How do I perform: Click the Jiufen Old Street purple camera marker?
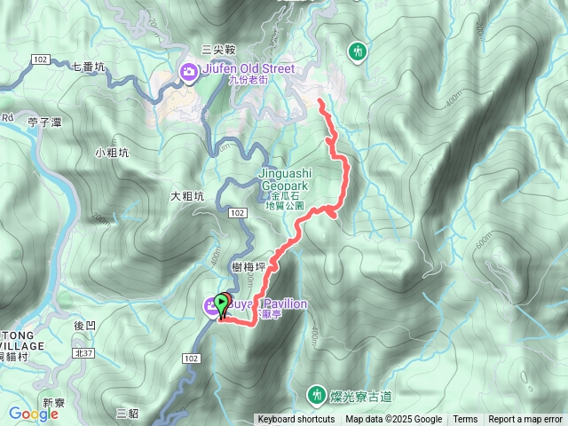click(x=188, y=72)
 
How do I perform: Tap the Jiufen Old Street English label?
click(x=248, y=68)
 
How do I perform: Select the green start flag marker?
click(x=221, y=304)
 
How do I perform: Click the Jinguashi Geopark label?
click(x=285, y=180)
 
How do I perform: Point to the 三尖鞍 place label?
click(x=218, y=50)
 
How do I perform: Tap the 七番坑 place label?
click(x=88, y=66)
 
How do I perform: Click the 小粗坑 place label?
click(x=112, y=153)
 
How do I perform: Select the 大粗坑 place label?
click(x=188, y=196)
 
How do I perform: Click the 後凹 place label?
click(x=84, y=326)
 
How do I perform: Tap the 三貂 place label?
click(x=128, y=413)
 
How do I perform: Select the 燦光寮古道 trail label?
click(x=359, y=393)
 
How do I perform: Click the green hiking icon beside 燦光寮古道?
click(x=316, y=393)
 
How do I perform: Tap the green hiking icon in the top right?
click(x=358, y=51)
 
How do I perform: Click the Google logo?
click(x=33, y=414)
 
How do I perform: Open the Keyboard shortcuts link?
click(x=296, y=420)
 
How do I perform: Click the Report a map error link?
click(x=525, y=420)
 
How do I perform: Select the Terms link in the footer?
click(x=465, y=420)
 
